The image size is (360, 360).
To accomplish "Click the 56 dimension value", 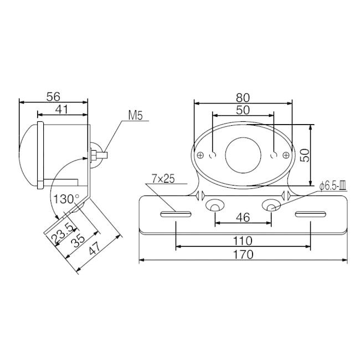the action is pyautogui.click(x=53, y=97).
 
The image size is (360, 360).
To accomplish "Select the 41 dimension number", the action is pyautogui.click(x=62, y=110).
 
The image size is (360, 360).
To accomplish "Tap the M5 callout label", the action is pyautogui.click(x=136, y=116).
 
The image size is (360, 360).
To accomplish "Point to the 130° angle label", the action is pyautogui.click(x=66, y=199).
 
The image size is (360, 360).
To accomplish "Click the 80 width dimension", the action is pyautogui.click(x=243, y=98).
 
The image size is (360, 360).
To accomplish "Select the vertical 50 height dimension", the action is pyautogui.click(x=305, y=156).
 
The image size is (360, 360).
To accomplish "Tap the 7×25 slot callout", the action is pyautogui.click(x=163, y=179).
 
